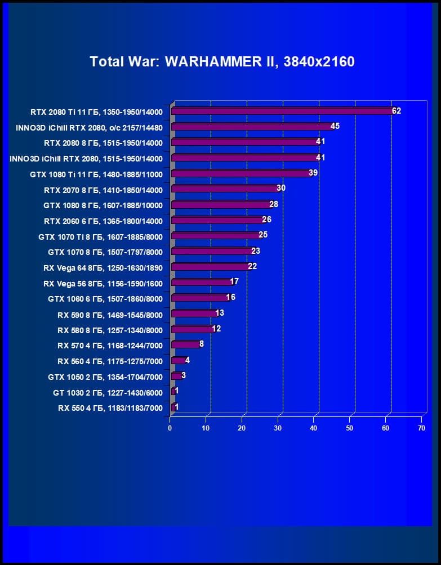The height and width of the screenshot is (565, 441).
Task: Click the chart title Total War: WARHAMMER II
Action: tap(222, 61)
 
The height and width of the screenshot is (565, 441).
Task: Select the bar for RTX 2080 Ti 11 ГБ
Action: tap(282, 111)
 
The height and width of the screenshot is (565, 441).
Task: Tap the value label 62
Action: tap(397, 111)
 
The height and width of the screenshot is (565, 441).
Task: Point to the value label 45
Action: tap(335, 126)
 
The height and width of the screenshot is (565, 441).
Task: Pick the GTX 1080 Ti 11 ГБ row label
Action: tap(96, 174)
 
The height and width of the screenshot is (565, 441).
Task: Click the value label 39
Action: tap(313, 173)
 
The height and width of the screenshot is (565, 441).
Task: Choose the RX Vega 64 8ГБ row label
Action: tap(103, 268)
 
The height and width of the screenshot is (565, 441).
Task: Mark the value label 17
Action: tap(234, 281)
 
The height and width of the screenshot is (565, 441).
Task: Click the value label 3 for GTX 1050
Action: tap(184, 375)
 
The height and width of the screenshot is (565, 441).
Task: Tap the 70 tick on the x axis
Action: tap(421, 428)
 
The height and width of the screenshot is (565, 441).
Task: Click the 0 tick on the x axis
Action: tap(170, 428)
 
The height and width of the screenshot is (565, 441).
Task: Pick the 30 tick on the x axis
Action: tap(278, 428)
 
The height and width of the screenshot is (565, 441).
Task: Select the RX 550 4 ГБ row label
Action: tap(110, 408)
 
